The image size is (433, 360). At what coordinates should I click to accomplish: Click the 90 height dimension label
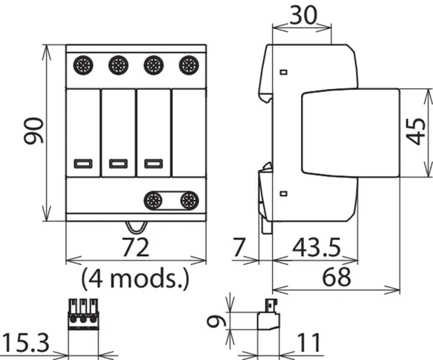(33, 131)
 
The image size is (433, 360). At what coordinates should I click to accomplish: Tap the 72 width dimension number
(135, 247)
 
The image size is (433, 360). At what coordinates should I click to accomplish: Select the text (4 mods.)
(135, 278)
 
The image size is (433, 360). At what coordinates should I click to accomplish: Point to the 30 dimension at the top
(303, 15)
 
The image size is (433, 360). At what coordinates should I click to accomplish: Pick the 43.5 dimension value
(317, 248)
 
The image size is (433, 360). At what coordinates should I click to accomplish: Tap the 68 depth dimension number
(337, 278)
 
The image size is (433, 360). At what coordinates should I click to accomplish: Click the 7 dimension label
(239, 248)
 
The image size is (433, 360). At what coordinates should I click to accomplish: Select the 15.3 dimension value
(26, 343)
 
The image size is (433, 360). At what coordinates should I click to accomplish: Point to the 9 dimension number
(216, 321)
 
